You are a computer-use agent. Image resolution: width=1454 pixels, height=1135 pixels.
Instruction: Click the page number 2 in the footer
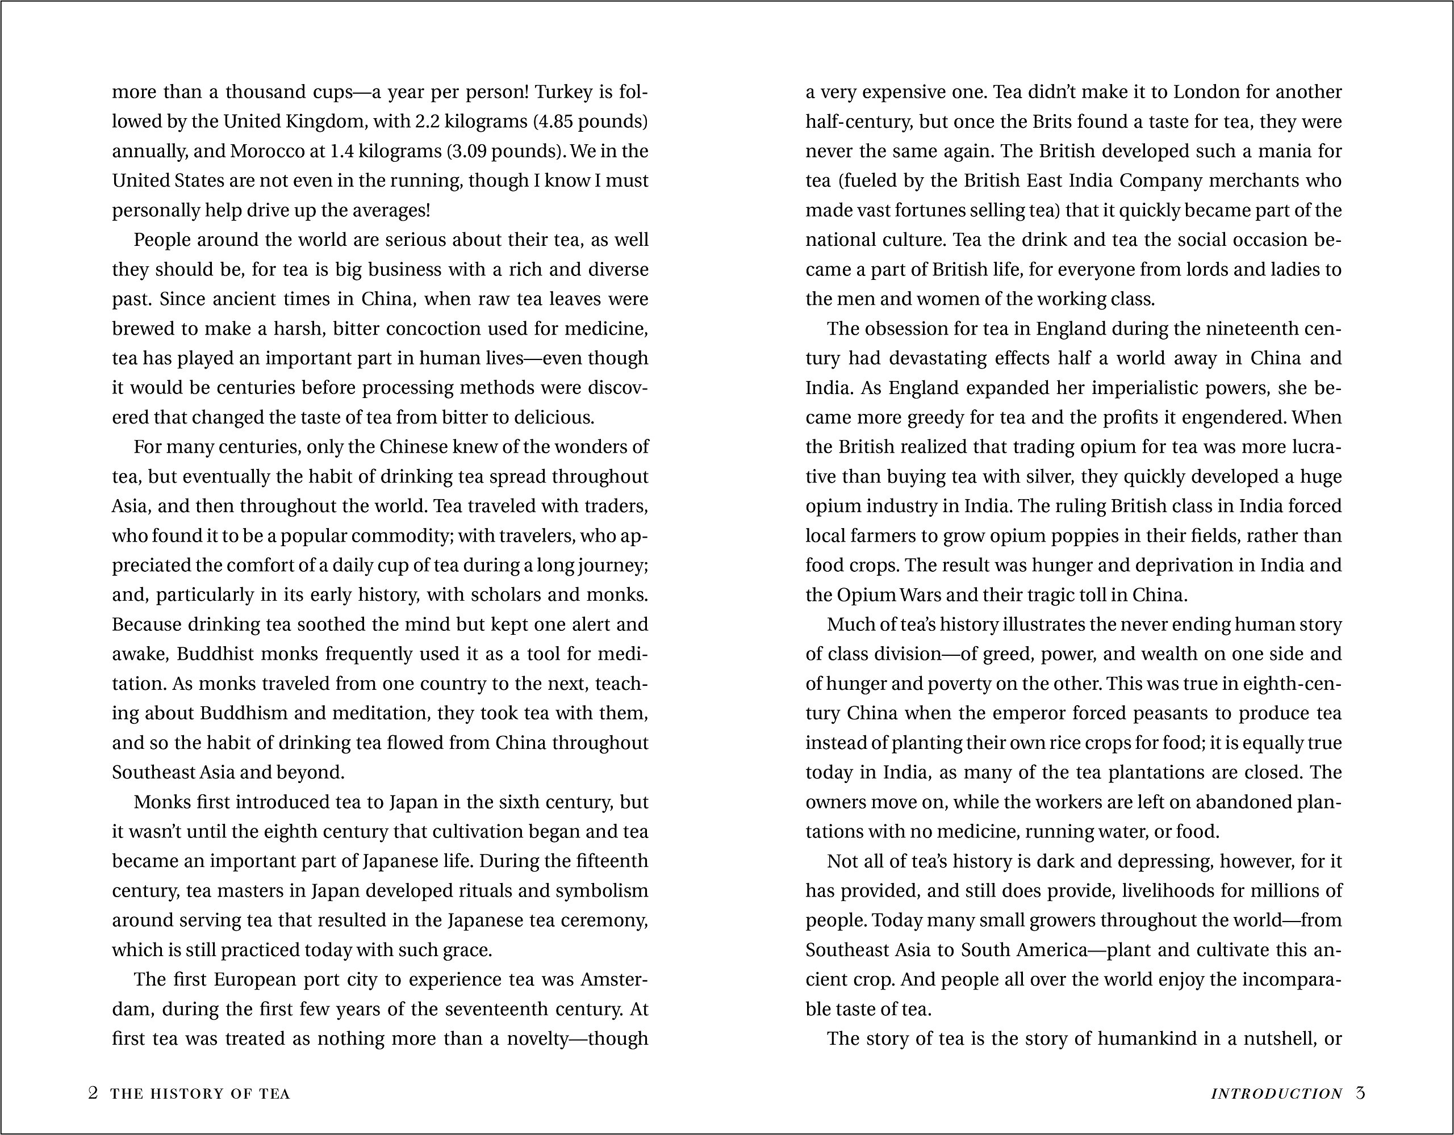(93, 1093)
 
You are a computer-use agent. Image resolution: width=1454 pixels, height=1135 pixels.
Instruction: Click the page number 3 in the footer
(1360, 1093)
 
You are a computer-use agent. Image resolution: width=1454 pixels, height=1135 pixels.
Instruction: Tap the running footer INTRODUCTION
(1276, 1094)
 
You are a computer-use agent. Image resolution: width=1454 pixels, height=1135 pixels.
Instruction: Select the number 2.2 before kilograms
(427, 122)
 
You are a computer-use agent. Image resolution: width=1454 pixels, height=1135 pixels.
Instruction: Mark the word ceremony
(611, 920)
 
